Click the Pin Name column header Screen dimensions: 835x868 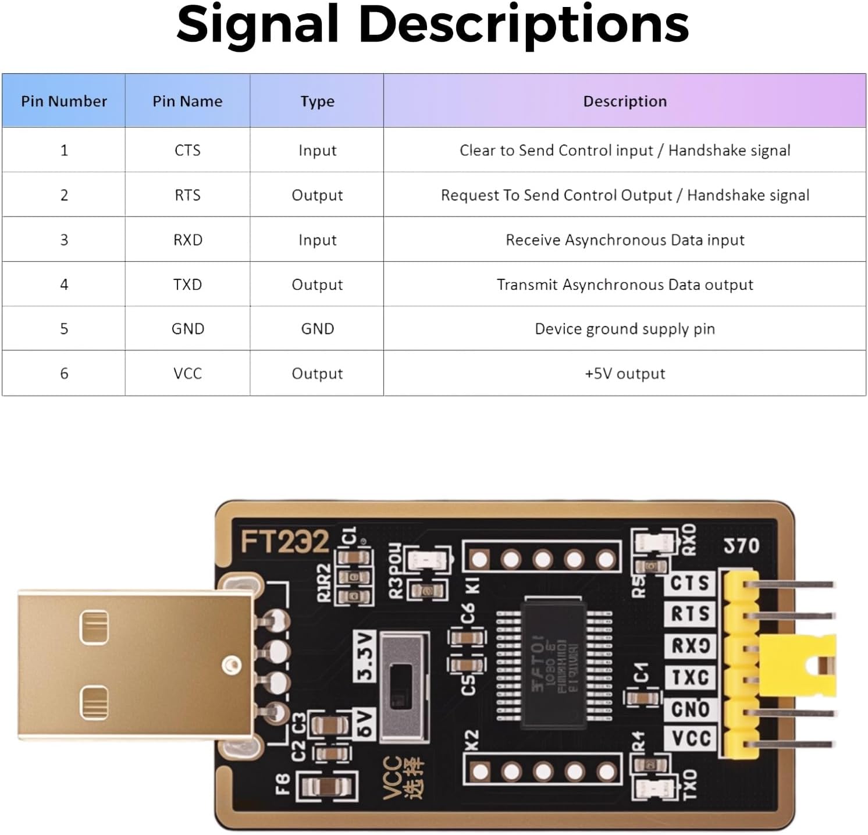[187, 101]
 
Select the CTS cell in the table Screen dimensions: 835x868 [187, 150]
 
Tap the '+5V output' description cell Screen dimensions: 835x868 [625, 374]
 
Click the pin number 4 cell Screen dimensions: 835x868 [64, 285]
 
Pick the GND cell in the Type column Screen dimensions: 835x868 [317, 329]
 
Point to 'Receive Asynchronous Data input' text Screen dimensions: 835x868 [625, 240]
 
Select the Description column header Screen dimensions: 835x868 [625, 101]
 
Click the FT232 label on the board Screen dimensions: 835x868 [284, 542]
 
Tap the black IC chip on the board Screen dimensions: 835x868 [553, 663]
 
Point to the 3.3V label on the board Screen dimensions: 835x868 [365, 657]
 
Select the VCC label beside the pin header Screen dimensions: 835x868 [691, 738]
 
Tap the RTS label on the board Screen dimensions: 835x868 [690, 613]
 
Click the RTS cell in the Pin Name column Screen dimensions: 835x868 [187, 195]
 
